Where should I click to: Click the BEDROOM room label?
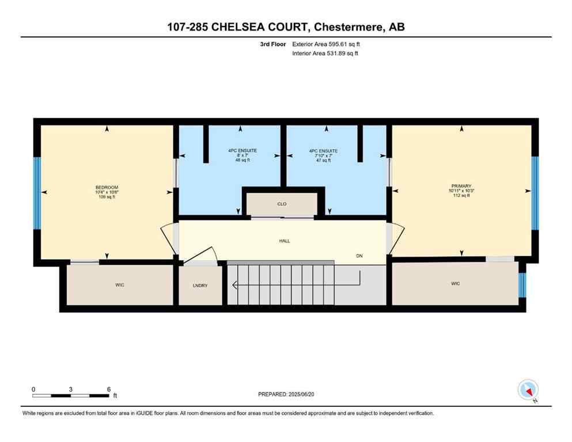point(107,188)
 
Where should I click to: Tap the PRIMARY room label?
point(461,186)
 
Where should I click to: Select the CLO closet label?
point(282,204)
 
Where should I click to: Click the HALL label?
point(285,241)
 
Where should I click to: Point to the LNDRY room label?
point(200,284)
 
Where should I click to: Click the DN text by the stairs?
point(359,256)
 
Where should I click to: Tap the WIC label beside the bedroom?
point(119,284)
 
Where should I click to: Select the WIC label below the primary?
point(455,283)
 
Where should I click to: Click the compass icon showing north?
point(528,390)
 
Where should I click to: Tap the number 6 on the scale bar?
point(108,389)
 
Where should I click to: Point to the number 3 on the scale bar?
point(70,389)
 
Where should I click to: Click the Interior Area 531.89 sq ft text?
point(326,54)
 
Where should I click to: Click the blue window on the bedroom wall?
point(37,193)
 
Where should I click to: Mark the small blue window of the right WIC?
point(522,284)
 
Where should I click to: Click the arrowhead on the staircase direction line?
point(234,284)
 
